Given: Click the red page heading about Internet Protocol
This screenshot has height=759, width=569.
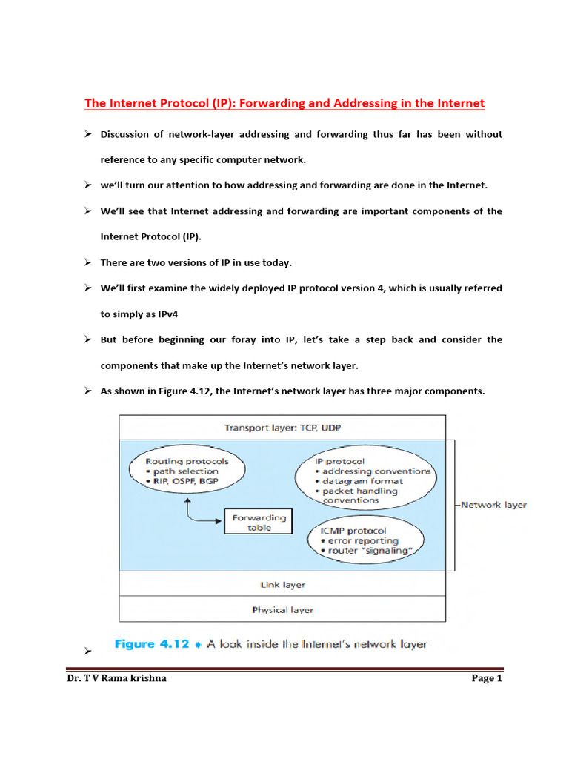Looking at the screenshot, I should point(284,104).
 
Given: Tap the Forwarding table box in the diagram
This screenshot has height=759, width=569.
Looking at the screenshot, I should point(258,523).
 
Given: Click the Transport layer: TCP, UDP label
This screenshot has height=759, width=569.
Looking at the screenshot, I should point(282,428).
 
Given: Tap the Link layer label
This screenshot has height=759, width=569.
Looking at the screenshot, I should point(282,585).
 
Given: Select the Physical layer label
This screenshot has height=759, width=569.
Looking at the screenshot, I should point(282,610).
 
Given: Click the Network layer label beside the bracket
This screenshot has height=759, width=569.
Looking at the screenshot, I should point(493,505).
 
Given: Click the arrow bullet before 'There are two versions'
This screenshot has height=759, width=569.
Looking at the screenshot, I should point(87,262).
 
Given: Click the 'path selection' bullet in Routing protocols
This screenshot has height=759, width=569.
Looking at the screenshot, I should point(185,471).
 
